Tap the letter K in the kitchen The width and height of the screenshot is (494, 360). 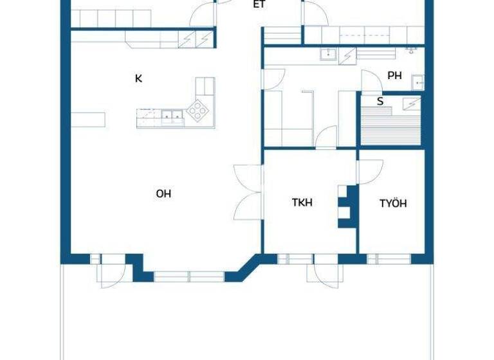138,79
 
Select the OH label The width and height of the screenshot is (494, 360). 163,194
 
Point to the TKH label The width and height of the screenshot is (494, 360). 302,203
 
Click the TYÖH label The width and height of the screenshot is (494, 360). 393,203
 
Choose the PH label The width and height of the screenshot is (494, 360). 394,76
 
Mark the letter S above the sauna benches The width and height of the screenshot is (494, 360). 380,101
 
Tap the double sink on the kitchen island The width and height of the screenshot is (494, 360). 170,116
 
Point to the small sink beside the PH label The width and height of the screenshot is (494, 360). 417,82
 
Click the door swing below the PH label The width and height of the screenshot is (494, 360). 369,82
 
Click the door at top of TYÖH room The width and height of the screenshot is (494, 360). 368,171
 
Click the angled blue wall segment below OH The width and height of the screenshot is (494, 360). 248,267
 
